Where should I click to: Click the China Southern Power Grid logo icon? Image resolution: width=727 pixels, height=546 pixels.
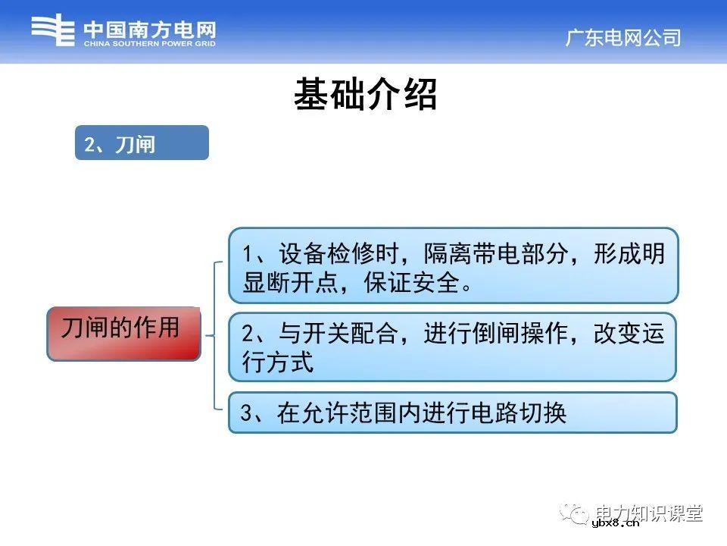[53, 31]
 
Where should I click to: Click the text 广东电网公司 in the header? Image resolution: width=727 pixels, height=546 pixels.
[622, 37]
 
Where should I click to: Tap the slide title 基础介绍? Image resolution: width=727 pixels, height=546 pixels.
[365, 96]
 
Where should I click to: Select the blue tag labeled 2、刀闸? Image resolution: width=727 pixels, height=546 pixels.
[141, 143]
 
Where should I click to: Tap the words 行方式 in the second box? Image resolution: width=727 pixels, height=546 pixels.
[278, 362]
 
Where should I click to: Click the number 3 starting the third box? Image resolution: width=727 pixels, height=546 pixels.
[246, 413]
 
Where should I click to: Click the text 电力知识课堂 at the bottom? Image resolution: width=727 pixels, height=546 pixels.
[649, 513]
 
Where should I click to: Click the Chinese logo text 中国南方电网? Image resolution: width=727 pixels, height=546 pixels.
[149, 30]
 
